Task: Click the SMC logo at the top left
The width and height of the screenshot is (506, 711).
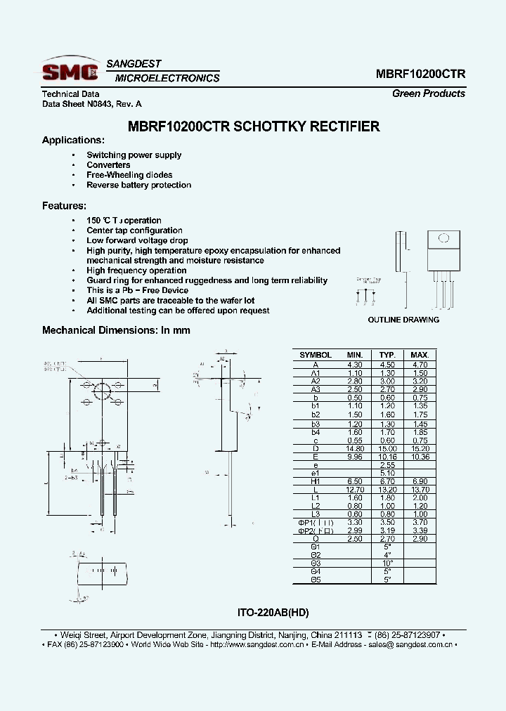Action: click(x=70, y=70)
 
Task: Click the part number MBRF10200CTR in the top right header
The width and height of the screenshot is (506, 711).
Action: click(x=420, y=74)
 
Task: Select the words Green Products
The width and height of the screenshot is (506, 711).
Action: click(x=428, y=93)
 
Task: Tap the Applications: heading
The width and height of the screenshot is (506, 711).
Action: click(x=73, y=141)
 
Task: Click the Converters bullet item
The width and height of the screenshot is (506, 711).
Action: click(x=108, y=165)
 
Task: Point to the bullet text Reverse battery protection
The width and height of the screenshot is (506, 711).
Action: click(x=138, y=185)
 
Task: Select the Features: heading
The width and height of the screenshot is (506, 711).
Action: click(x=64, y=206)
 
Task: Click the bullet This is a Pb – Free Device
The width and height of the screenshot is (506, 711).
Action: click(x=137, y=290)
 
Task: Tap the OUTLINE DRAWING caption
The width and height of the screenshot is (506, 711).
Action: click(x=403, y=320)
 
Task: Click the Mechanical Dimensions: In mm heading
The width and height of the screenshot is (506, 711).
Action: click(x=116, y=330)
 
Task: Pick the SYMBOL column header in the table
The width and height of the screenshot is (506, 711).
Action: click(x=316, y=355)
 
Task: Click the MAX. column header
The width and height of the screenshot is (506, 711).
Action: click(x=420, y=355)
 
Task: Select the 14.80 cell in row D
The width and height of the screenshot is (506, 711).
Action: click(x=355, y=448)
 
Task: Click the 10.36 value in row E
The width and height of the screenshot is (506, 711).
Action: click(x=420, y=457)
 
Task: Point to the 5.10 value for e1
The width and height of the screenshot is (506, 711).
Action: click(x=387, y=473)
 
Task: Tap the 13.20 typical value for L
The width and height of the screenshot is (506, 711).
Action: click(x=387, y=490)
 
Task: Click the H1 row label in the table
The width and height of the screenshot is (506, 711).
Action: click(x=316, y=481)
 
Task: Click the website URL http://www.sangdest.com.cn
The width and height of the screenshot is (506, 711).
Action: click(x=258, y=644)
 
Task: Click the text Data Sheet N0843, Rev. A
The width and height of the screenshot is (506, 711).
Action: click(x=91, y=104)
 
